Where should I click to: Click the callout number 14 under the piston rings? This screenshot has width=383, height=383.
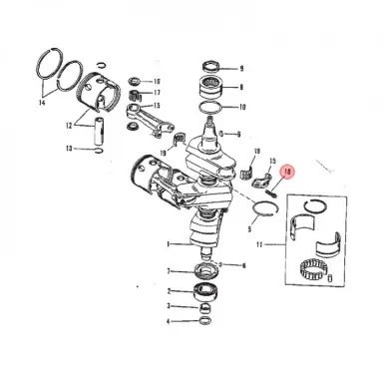point(43,102)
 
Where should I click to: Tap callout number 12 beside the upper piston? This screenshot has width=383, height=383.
point(69,126)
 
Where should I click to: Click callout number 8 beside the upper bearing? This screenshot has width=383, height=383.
point(240,87)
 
